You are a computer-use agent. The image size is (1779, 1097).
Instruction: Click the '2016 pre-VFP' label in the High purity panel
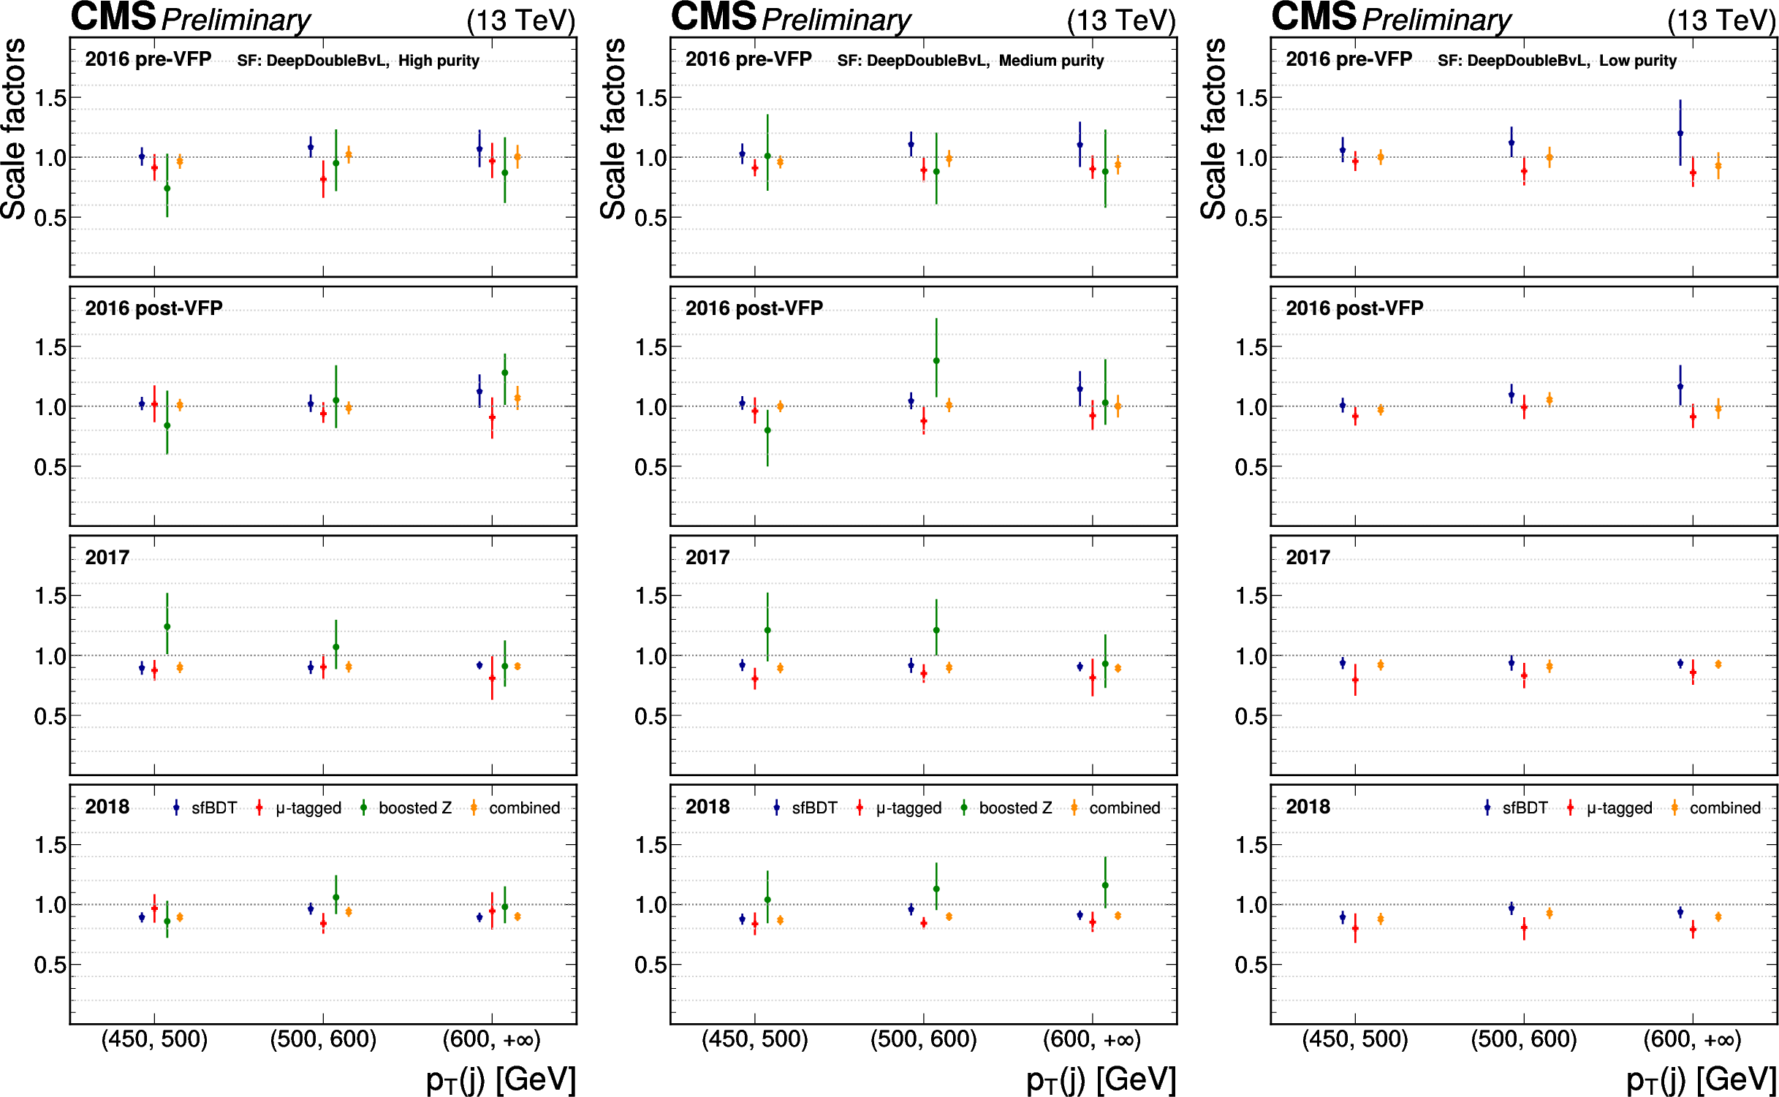pyautogui.click(x=148, y=59)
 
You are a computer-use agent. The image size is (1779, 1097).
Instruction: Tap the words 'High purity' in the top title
pyautogui.click(x=439, y=61)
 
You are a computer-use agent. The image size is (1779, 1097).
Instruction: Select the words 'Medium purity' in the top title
pyautogui.click(x=1051, y=61)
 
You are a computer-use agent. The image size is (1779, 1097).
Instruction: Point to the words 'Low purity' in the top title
pyautogui.click(x=1637, y=61)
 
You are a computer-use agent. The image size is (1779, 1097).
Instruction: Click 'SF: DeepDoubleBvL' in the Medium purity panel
pyautogui.click(x=913, y=61)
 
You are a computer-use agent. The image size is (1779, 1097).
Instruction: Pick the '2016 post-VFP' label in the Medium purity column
pyautogui.click(x=754, y=308)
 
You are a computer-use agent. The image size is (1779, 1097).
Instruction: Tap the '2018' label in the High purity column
pyautogui.click(x=107, y=807)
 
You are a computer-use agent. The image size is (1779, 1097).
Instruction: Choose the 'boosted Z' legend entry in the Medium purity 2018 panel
pyautogui.click(x=1015, y=808)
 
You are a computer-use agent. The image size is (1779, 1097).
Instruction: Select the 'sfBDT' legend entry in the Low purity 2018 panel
pyautogui.click(x=1525, y=808)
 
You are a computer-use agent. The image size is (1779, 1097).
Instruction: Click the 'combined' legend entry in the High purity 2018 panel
pyautogui.click(x=524, y=808)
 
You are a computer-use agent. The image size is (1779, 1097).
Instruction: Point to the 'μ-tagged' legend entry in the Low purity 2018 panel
pyautogui.click(x=1619, y=808)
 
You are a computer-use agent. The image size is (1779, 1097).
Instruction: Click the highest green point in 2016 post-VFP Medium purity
pyautogui.click(x=936, y=360)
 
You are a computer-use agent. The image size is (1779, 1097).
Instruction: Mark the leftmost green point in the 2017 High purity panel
pyautogui.click(x=167, y=626)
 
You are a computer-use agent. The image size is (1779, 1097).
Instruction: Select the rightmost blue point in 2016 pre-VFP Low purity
pyautogui.click(x=1680, y=133)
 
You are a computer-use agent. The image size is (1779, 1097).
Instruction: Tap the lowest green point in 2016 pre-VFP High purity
pyautogui.click(x=167, y=189)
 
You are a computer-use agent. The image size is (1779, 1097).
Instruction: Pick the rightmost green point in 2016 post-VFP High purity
pyautogui.click(x=504, y=373)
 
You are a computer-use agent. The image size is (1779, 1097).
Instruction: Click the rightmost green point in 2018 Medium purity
pyautogui.click(x=1105, y=885)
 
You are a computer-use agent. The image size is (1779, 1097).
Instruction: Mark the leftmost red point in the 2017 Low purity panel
pyautogui.click(x=1355, y=680)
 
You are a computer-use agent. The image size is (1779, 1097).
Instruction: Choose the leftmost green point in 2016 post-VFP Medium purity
pyautogui.click(x=767, y=430)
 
